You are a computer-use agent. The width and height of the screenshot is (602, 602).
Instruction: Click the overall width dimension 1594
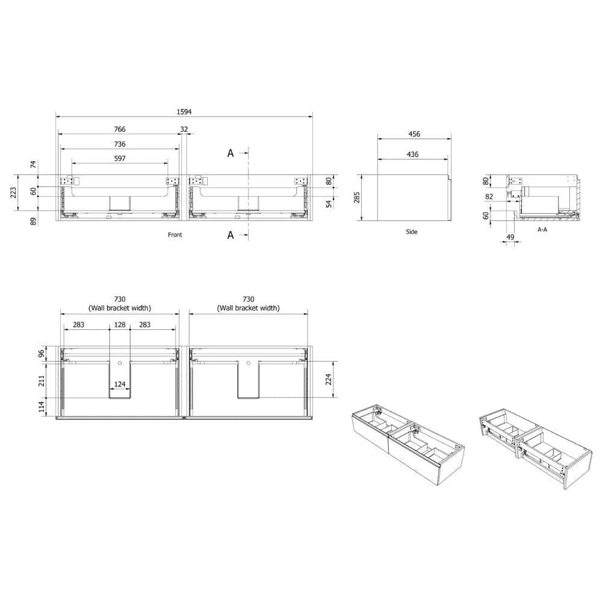pyautogui.click(x=184, y=112)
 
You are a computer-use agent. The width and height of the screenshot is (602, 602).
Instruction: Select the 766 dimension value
pyautogui.click(x=120, y=129)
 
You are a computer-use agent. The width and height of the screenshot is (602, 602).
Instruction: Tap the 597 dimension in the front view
pyautogui.click(x=120, y=158)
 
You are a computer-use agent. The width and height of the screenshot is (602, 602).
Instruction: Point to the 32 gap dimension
pyautogui.click(x=184, y=129)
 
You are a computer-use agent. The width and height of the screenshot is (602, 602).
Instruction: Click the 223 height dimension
pyautogui.click(x=13, y=193)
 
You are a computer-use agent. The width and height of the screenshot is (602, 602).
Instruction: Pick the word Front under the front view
pyautogui.click(x=175, y=235)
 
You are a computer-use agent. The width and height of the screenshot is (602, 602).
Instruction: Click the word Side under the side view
pyautogui.click(x=412, y=232)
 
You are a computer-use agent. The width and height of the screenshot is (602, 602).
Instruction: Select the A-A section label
pyautogui.click(x=542, y=229)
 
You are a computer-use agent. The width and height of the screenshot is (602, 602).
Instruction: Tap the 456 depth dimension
pyautogui.click(x=414, y=134)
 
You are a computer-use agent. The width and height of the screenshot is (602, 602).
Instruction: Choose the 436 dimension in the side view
pyautogui.click(x=413, y=154)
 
